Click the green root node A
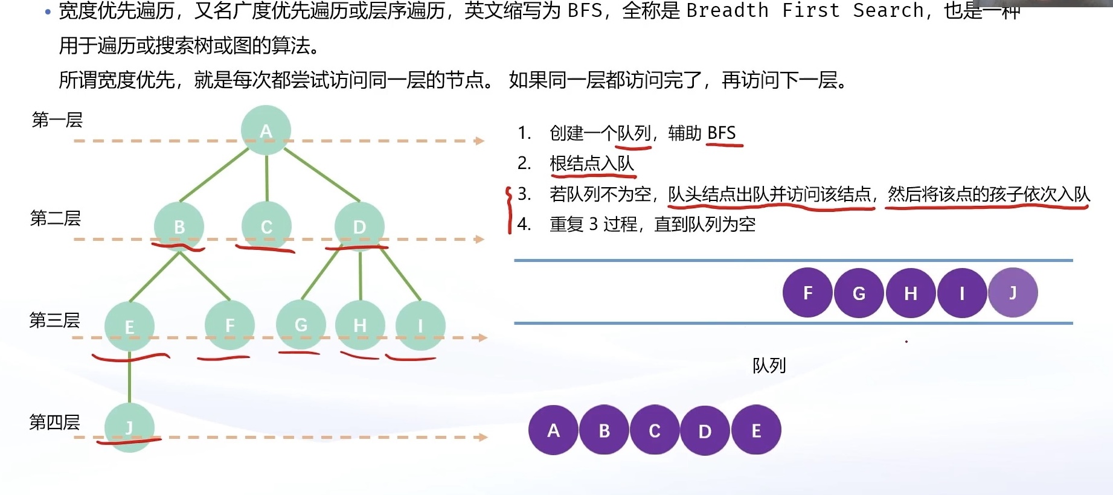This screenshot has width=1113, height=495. (266, 130)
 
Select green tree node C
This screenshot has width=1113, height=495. (266, 226)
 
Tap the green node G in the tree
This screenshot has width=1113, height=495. (301, 325)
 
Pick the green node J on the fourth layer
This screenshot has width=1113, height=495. (129, 427)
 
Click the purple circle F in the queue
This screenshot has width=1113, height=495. (807, 293)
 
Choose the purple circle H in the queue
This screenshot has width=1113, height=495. (911, 293)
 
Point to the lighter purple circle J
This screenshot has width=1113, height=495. (1013, 293)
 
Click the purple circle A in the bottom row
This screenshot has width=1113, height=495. (553, 430)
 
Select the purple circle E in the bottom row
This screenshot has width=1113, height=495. (756, 430)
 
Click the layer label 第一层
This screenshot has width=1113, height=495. (57, 120)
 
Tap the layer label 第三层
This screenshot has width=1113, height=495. (55, 320)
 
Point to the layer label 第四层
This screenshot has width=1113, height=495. (55, 422)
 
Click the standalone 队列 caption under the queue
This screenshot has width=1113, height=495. (769, 365)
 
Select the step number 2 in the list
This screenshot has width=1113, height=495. (524, 163)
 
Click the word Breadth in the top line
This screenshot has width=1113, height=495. (727, 11)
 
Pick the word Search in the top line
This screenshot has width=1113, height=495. (888, 11)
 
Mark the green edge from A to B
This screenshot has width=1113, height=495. (214, 174)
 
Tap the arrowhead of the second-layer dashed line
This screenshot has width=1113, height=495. (480, 240)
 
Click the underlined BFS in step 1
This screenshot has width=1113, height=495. (722, 133)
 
